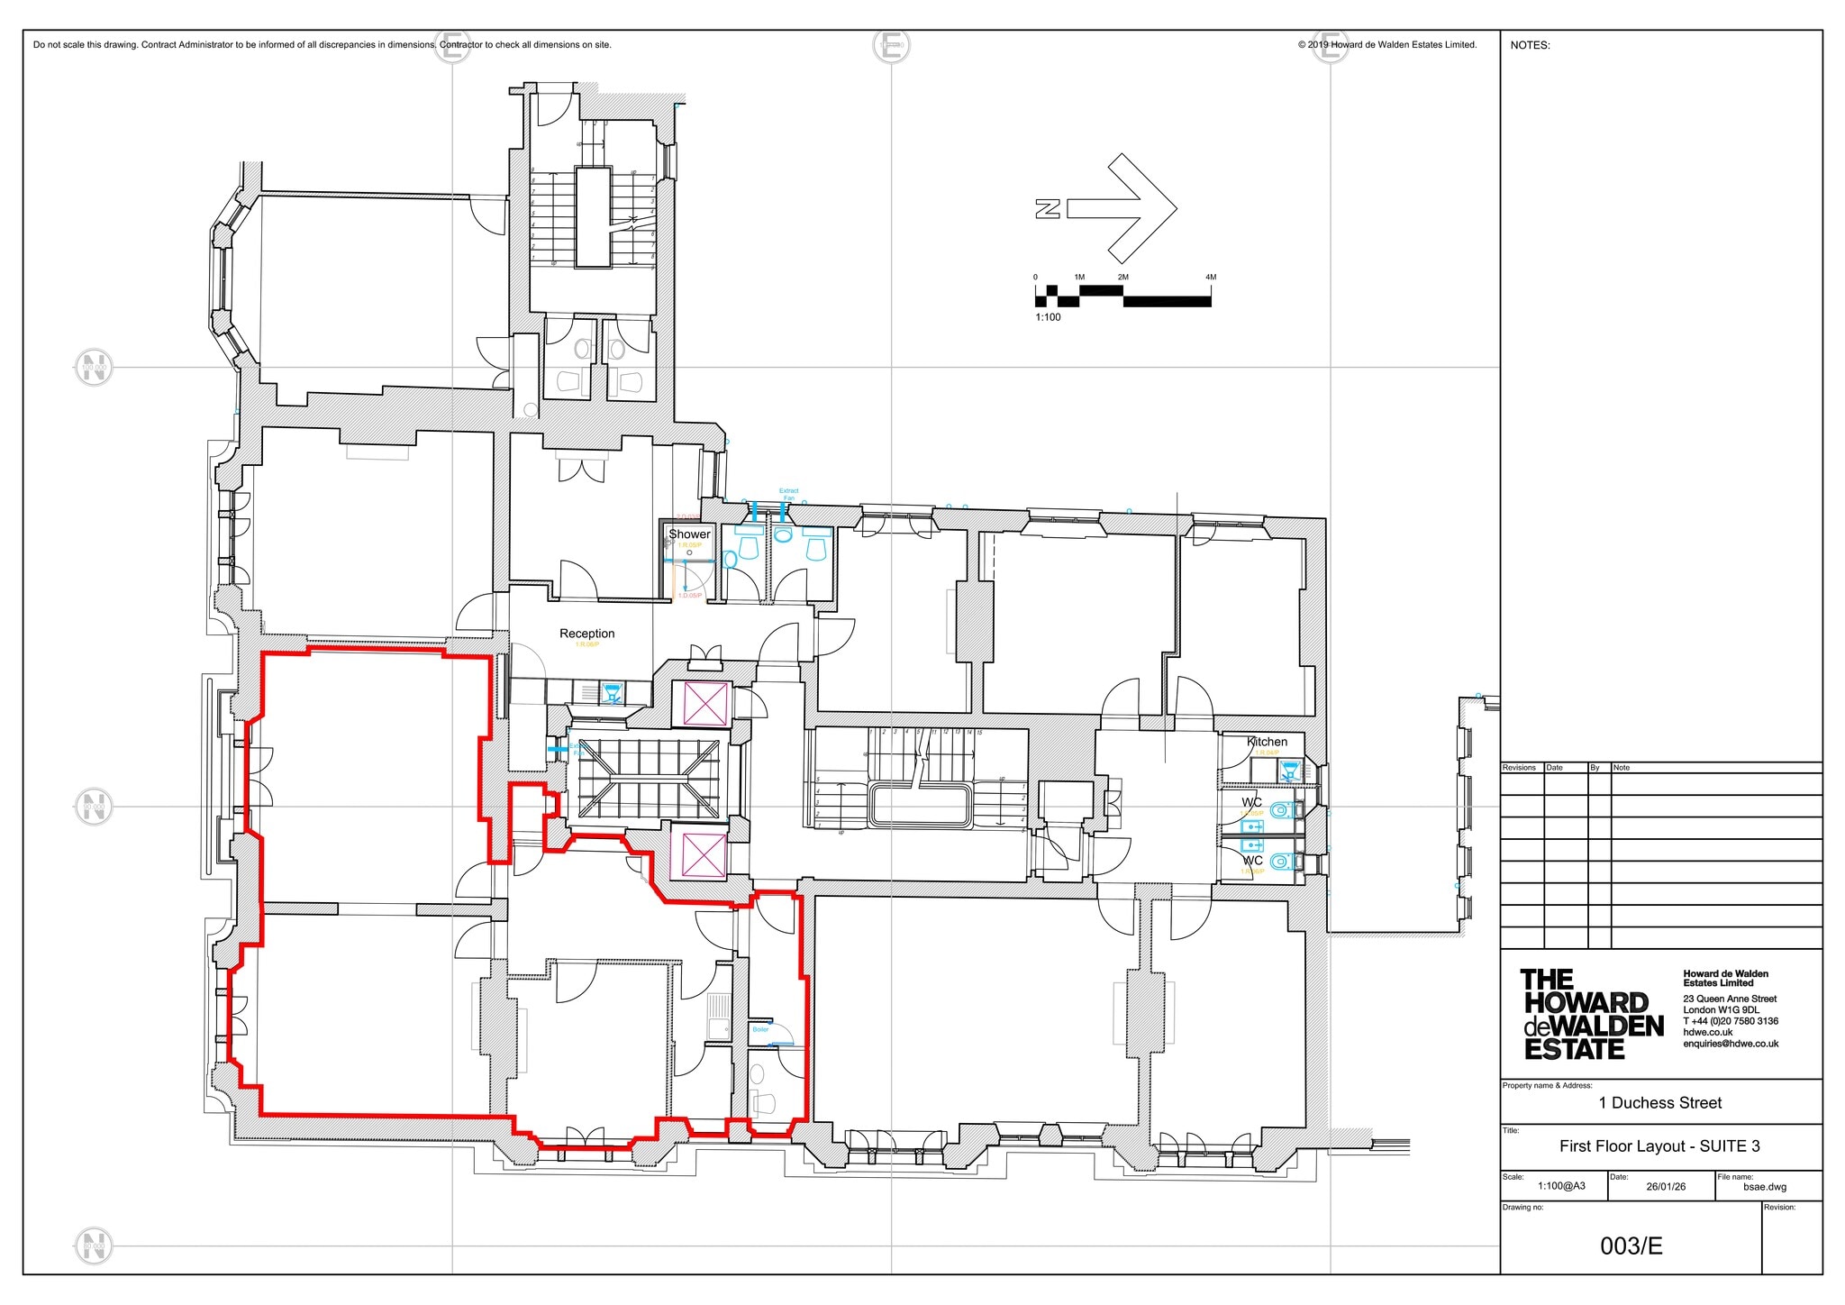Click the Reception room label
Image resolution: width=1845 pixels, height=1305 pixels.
pyautogui.click(x=586, y=634)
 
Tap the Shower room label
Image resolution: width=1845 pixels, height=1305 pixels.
pyautogui.click(x=689, y=534)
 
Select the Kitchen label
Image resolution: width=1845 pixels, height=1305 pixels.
pyautogui.click(x=1267, y=742)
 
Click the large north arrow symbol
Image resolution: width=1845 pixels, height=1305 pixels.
pyautogui.click(x=1122, y=208)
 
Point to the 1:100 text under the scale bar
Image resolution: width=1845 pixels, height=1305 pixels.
pyautogui.click(x=1048, y=317)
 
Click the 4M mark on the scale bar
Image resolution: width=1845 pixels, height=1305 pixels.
pyautogui.click(x=1210, y=278)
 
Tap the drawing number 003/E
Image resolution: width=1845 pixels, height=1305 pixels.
pyautogui.click(x=1631, y=1246)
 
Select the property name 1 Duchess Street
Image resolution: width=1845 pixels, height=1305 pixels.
pyautogui.click(x=1659, y=1102)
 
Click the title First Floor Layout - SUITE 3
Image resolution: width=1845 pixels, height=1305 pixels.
pyautogui.click(x=1659, y=1146)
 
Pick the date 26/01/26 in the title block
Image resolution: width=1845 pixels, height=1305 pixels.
pyautogui.click(x=1665, y=1187)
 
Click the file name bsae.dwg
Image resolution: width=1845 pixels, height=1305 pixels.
pyautogui.click(x=1765, y=1187)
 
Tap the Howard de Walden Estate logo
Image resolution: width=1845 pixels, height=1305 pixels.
pyautogui.click(x=1590, y=1014)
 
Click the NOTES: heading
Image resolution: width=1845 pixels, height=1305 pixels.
pyautogui.click(x=1530, y=45)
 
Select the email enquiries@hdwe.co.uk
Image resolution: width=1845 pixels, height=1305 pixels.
pyautogui.click(x=1730, y=1044)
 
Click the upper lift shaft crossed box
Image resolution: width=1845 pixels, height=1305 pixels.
pyautogui.click(x=705, y=704)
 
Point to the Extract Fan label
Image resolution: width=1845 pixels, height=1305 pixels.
pyautogui.click(x=788, y=495)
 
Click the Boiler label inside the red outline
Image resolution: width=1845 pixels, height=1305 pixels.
pyautogui.click(x=760, y=1029)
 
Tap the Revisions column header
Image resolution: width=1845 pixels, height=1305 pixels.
pyautogui.click(x=1519, y=768)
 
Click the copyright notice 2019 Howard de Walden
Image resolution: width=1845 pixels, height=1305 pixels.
pyautogui.click(x=1386, y=45)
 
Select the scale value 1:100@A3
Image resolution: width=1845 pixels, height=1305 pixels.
pyautogui.click(x=1561, y=1187)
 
